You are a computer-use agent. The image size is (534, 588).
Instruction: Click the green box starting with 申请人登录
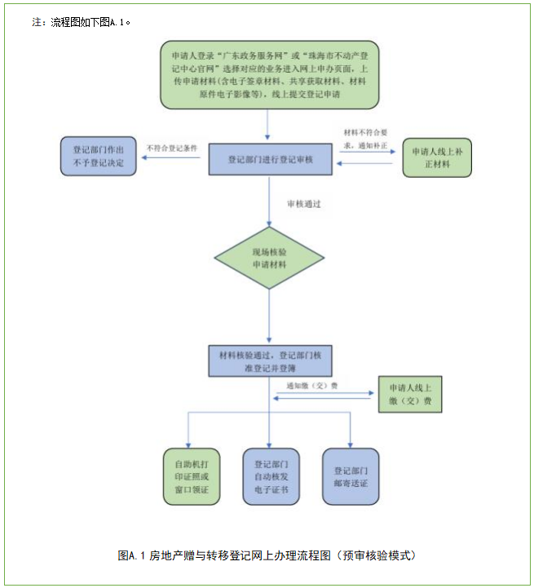270,74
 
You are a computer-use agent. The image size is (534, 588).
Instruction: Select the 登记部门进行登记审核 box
270,160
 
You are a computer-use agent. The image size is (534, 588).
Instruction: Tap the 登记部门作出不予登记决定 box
98,156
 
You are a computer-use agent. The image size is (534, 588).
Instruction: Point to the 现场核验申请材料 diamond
270,258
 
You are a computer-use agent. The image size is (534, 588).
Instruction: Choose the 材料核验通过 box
270,360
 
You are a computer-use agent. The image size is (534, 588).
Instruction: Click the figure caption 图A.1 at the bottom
267,555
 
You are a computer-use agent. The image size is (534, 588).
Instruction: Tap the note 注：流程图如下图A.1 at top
82,23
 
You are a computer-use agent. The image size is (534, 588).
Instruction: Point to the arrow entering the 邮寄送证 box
351,432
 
